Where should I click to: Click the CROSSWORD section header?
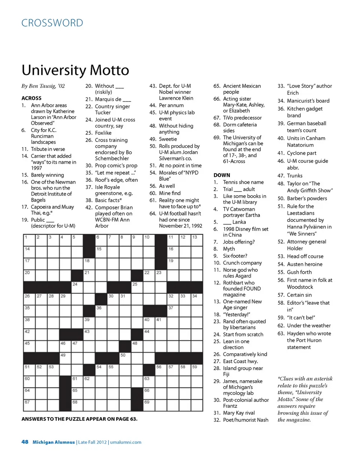[52, 23]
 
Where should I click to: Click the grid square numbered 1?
[29, 241]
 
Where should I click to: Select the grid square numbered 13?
[196, 241]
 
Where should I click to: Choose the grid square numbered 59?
[196, 370]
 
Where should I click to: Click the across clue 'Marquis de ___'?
[112, 99]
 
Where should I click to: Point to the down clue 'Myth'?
[229, 249]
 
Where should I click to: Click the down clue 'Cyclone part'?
[301, 153]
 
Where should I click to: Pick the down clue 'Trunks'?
[294, 176]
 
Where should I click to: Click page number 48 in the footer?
[25, 442]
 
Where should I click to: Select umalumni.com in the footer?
[126, 442]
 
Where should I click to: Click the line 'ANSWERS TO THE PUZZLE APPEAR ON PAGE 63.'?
[79, 419]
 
